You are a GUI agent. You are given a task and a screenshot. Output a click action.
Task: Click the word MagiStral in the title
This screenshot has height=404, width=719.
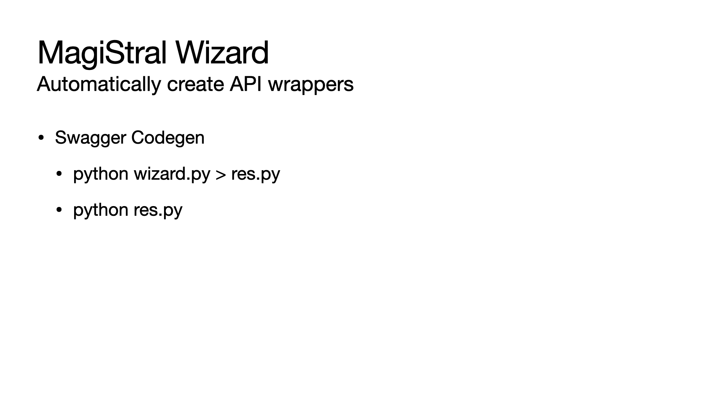pyautogui.click(x=102, y=53)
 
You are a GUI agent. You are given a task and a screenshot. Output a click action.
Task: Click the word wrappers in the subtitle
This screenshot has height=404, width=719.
pyautogui.click(x=311, y=84)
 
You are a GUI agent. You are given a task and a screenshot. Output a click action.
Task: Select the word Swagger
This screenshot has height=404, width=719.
pyautogui.click(x=90, y=138)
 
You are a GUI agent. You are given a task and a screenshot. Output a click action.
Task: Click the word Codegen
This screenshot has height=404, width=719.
pyautogui.click(x=168, y=138)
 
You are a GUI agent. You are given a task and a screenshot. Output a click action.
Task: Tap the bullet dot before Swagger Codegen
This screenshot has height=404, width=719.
pyautogui.click(x=41, y=138)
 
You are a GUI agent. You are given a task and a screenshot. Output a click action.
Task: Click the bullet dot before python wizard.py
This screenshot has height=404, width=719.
pyautogui.click(x=59, y=174)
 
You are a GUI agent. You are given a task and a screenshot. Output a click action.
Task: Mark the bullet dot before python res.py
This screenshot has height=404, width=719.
pyautogui.click(x=59, y=210)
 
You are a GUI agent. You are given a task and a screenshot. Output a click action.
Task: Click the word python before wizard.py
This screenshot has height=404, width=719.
pyautogui.click(x=101, y=174)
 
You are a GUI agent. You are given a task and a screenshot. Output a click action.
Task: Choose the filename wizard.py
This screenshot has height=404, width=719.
pyautogui.click(x=172, y=174)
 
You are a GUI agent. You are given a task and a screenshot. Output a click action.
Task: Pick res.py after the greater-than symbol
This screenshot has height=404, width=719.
pyautogui.click(x=255, y=174)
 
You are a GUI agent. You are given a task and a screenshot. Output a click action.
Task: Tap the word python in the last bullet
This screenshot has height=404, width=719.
pyautogui.click(x=101, y=210)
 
